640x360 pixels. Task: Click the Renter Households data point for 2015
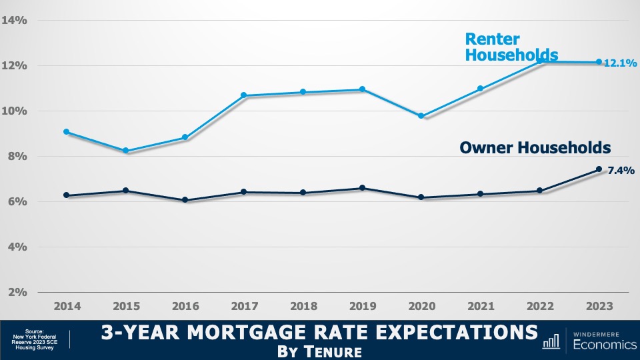(126, 151)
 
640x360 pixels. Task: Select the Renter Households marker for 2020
(421, 115)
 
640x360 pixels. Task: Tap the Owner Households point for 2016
(185, 200)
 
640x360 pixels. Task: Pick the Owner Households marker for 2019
(362, 188)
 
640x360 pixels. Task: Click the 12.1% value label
(620, 63)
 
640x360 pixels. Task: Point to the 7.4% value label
(619, 171)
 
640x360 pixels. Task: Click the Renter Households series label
(511, 48)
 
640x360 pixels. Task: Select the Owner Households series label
(535, 147)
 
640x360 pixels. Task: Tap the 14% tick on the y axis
(14, 20)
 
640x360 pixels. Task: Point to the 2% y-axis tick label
(17, 292)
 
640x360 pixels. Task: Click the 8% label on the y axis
(17, 156)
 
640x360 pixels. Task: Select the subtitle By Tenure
(320, 350)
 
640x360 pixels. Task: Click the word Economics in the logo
(599, 345)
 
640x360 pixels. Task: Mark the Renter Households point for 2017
(244, 95)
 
